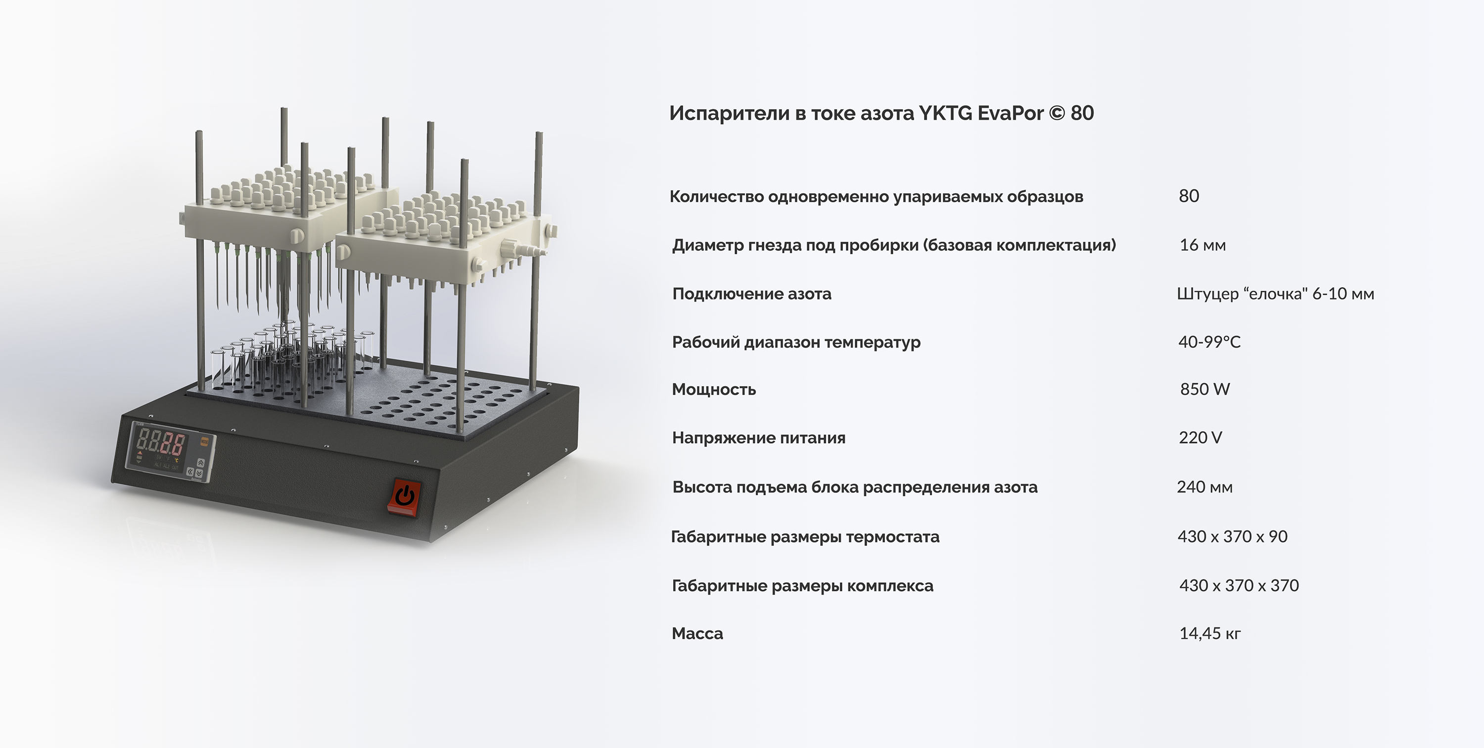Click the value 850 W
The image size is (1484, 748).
(x=1205, y=389)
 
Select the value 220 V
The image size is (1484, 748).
(x=1200, y=438)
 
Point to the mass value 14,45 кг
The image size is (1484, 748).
(x=1210, y=633)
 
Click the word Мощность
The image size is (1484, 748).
(x=714, y=390)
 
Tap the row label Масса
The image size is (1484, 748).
(x=697, y=633)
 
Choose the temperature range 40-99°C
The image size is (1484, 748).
(x=1209, y=342)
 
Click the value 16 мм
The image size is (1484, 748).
(x=1203, y=245)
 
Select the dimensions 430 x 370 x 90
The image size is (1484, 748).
(x=1232, y=537)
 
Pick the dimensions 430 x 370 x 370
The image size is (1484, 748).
(x=1239, y=586)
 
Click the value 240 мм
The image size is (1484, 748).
(x=1205, y=487)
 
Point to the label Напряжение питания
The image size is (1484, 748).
(x=759, y=438)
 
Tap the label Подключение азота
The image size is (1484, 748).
(x=752, y=294)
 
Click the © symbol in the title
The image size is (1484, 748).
(x=1057, y=113)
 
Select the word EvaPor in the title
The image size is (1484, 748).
(x=1011, y=113)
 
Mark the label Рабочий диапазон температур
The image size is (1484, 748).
(x=796, y=343)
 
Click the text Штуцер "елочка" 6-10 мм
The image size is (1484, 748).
(x=1275, y=294)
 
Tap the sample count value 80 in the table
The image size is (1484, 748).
(x=1189, y=196)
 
